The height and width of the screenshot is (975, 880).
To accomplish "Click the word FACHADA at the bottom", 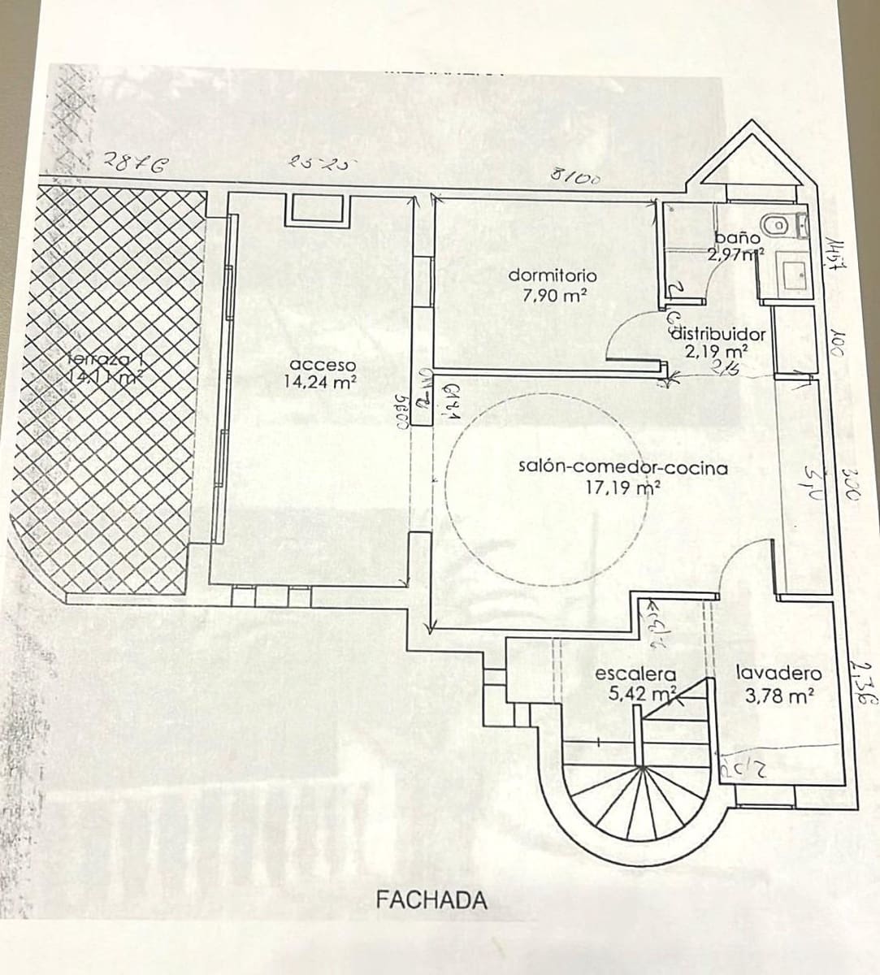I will click(432, 899).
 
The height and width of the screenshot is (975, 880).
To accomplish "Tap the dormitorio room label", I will click(553, 275).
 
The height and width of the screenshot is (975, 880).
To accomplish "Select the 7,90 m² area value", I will click(555, 296).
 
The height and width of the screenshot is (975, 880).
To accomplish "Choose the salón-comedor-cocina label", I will click(623, 468).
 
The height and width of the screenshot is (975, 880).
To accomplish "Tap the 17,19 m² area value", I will click(622, 487).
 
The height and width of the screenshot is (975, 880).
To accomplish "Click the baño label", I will click(737, 238).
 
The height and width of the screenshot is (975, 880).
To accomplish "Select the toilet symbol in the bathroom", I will click(776, 223).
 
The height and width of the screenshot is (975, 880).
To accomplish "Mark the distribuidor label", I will click(718, 334).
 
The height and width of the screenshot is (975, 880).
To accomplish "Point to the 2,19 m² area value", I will click(716, 352).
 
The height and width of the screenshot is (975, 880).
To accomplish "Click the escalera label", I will click(636, 674).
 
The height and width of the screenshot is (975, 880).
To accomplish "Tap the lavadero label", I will click(778, 674).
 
